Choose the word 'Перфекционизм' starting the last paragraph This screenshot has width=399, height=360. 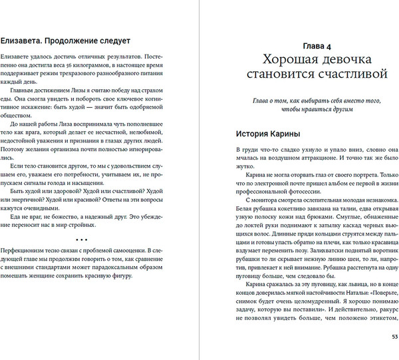tap(25, 253)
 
